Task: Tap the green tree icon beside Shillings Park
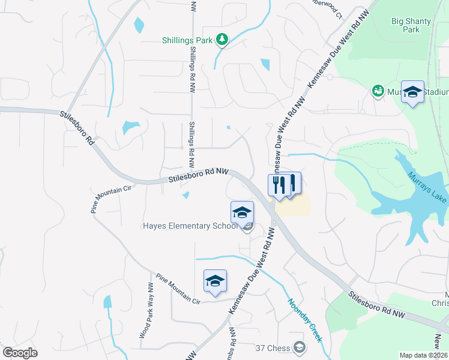(223, 40)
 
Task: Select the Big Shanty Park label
(411, 25)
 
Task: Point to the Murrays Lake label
(428, 187)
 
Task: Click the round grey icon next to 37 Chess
(298, 347)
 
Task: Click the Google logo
(20, 353)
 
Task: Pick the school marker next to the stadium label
(412, 92)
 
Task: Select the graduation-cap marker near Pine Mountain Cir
(215, 281)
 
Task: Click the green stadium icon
(378, 91)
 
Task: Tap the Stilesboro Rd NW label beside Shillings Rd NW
(199, 175)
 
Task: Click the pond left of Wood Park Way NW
(108, 302)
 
